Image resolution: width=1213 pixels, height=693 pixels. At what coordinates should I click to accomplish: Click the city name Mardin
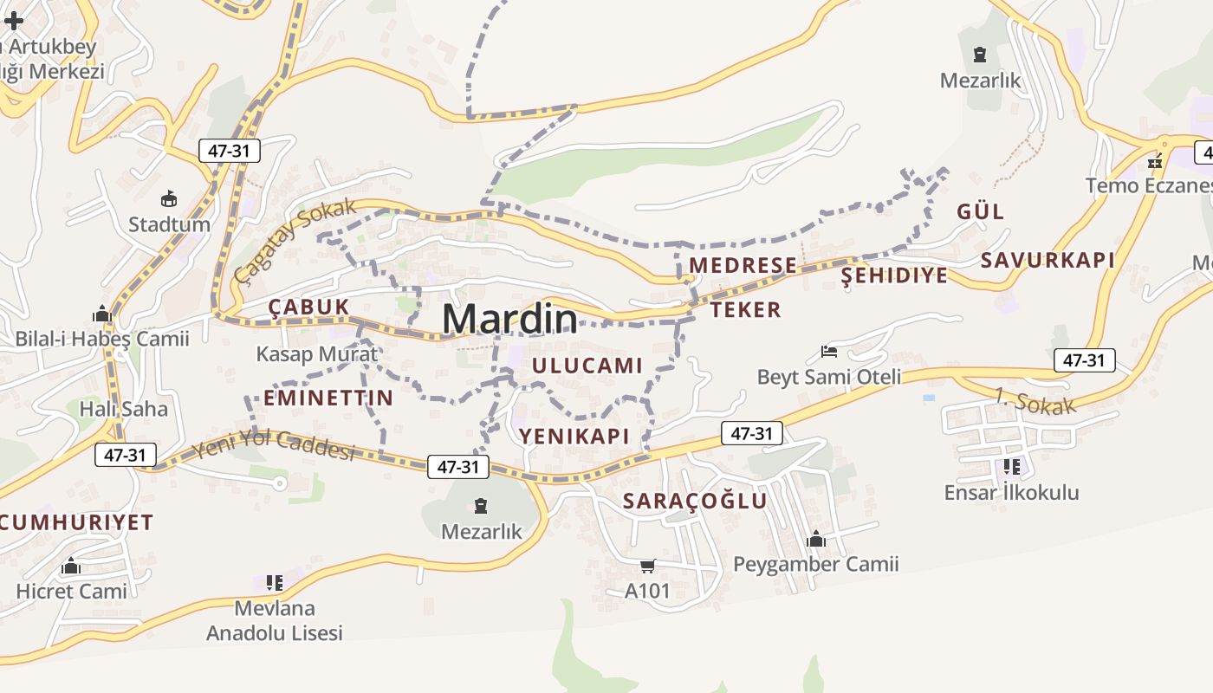tap(509, 319)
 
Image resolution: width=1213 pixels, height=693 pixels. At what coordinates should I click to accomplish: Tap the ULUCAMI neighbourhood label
tap(587, 366)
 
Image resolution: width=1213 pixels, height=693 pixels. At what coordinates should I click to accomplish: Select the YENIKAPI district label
tap(574, 436)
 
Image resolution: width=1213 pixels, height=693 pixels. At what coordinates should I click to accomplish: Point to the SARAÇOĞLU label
tap(695, 501)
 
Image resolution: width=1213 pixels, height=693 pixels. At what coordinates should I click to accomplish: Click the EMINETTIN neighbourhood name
tap(328, 398)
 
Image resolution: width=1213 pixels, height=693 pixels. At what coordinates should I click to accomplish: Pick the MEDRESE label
tap(743, 265)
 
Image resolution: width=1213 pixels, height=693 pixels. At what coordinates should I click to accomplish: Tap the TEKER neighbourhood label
tap(746, 309)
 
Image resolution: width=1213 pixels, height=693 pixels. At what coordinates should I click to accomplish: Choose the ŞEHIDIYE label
tap(895, 275)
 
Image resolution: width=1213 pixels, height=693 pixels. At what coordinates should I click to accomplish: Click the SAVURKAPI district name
tap(1048, 260)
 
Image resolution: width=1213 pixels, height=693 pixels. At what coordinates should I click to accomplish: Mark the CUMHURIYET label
tap(76, 522)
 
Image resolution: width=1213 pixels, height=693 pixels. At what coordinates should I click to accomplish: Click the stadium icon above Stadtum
tap(169, 198)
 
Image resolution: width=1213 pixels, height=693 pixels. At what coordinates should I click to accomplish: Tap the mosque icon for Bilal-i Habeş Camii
tap(101, 314)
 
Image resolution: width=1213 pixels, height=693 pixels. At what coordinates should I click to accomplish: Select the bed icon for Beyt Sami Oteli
tap(828, 352)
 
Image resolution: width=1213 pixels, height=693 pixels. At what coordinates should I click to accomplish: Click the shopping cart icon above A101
tap(647, 567)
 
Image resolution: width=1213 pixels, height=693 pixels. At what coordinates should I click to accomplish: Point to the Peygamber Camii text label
tap(815, 565)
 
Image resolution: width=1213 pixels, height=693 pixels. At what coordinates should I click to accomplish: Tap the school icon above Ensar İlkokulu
tap(1011, 467)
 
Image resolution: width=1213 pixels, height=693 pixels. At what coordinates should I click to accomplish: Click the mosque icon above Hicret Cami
tap(71, 567)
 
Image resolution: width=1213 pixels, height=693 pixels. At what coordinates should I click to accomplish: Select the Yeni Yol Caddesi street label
tap(274, 444)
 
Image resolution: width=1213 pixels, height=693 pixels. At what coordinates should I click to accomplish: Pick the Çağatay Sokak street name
tap(295, 240)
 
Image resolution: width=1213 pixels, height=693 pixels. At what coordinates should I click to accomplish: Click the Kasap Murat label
tap(317, 353)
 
